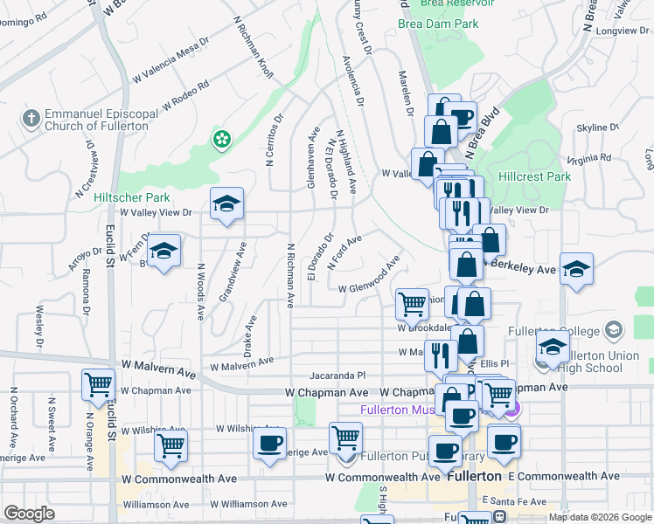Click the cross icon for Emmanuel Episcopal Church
(31, 119)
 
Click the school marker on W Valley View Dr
(226, 205)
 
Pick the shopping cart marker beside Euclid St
(99, 384)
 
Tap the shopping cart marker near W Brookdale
(412, 304)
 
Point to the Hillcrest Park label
(534, 176)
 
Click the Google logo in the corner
(29, 514)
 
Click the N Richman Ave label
(289, 274)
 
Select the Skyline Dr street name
(598, 128)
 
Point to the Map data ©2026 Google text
(600, 517)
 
